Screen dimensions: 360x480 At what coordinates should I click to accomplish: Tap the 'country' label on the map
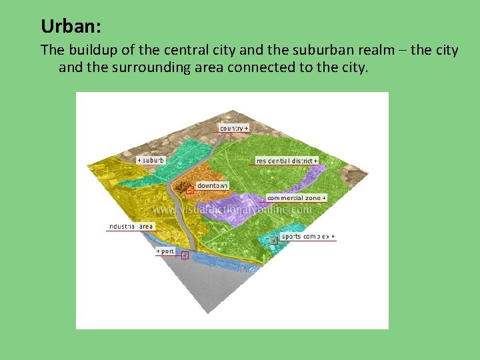tap(234, 127)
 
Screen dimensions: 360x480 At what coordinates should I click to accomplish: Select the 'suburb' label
tap(151, 160)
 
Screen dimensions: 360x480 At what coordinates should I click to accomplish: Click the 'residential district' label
tap(287, 161)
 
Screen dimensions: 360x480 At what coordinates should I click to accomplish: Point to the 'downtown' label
tap(212, 185)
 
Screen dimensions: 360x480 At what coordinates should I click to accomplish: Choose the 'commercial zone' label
tap(297, 198)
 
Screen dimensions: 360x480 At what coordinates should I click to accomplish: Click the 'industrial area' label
tap(131, 227)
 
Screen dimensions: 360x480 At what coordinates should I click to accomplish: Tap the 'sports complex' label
tap(308, 237)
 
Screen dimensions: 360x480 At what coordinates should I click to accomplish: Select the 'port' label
tap(165, 251)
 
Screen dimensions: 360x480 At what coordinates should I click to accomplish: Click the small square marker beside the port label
tap(185, 255)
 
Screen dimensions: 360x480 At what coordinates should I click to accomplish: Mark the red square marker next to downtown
tap(189, 190)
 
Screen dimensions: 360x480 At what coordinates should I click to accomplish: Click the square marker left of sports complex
tap(274, 239)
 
